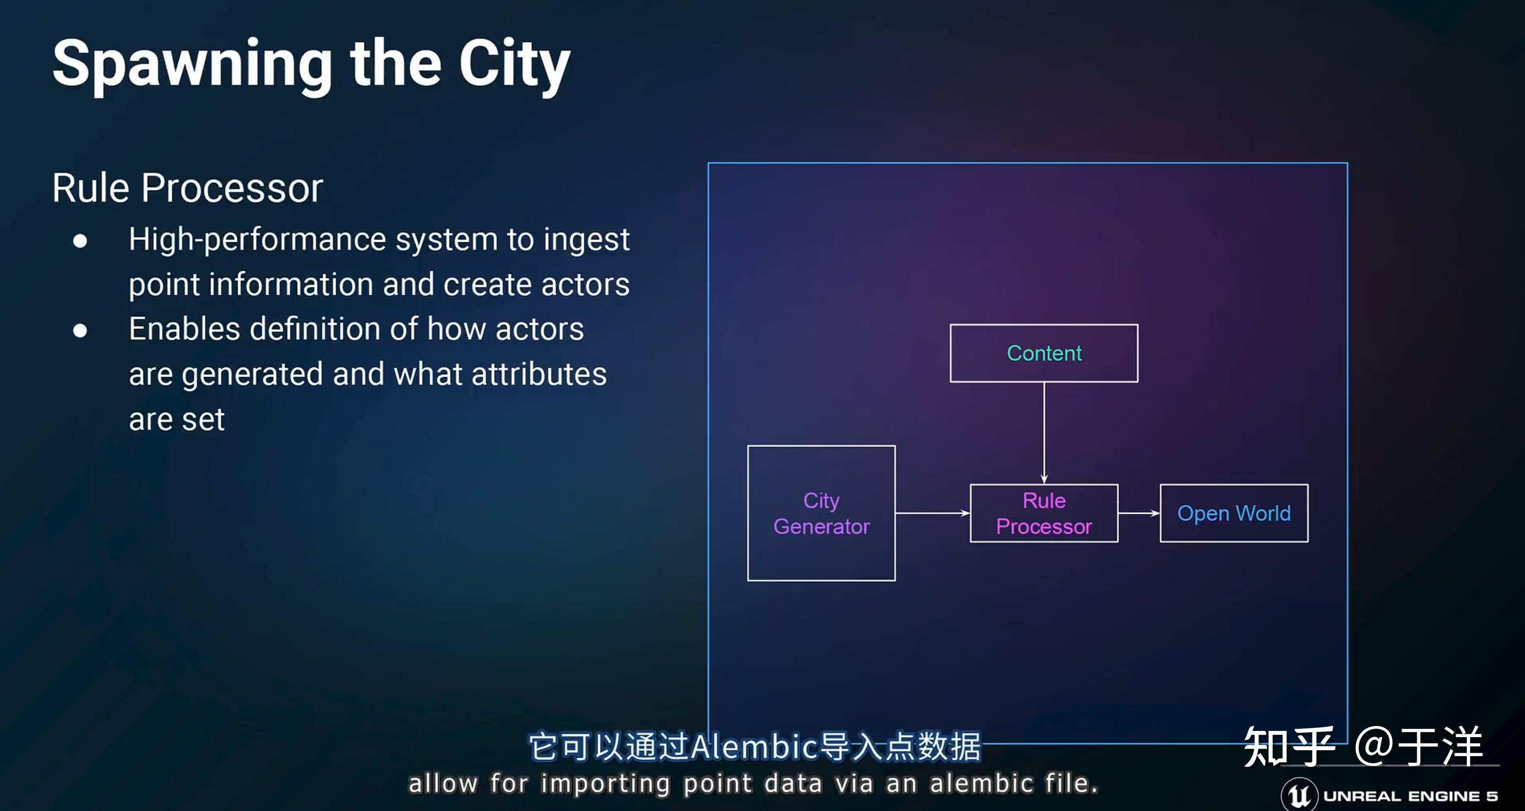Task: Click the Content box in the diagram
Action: (x=1044, y=353)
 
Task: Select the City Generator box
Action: (x=821, y=513)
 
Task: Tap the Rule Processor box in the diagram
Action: (x=1044, y=513)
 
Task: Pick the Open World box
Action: (x=1234, y=513)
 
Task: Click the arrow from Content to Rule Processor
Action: (x=1044, y=432)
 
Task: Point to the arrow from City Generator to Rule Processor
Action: (x=932, y=513)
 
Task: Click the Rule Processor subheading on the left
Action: (x=187, y=188)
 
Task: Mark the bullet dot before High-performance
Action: (x=80, y=241)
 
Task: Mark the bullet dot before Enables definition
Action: (x=80, y=330)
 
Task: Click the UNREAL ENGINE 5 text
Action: (x=1410, y=796)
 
